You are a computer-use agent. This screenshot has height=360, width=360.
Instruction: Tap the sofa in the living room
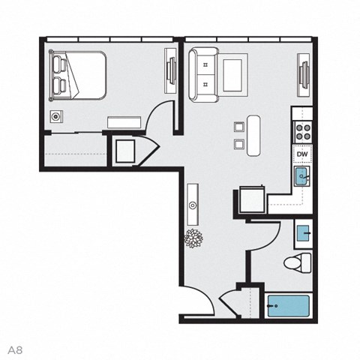click(202, 73)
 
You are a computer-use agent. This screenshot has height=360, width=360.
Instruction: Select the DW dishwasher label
click(302, 155)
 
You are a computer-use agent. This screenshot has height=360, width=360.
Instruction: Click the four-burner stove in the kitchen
click(302, 133)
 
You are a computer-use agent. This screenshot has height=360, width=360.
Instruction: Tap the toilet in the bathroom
click(300, 262)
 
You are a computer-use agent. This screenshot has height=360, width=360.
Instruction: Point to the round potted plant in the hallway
click(194, 237)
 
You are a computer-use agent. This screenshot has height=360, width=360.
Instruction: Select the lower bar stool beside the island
click(238, 143)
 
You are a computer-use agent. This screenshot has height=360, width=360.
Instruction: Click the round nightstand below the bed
click(56, 116)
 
